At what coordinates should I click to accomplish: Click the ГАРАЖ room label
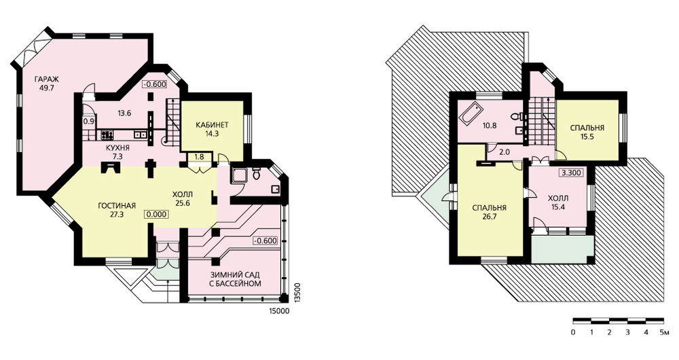(48, 79)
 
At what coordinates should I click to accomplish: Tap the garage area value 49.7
(48, 88)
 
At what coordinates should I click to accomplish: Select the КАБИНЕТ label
(212, 125)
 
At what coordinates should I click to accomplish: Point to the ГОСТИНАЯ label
(117, 205)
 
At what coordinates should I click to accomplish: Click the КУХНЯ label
(117, 147)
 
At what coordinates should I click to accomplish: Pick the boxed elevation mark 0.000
(157, 214)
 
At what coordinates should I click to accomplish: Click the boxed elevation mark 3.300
(571, 173)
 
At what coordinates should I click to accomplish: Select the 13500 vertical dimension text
(297, 293)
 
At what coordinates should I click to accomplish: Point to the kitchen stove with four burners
(107, 134)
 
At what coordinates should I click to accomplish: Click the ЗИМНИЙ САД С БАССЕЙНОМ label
(236, 279)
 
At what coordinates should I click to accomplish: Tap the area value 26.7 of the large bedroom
(490, 217)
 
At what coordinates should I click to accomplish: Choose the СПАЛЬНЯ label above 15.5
(587, 128)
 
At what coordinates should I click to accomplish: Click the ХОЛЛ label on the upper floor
(558, 198)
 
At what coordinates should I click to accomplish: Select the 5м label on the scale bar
(664, 333)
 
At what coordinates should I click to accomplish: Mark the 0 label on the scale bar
(573, 333)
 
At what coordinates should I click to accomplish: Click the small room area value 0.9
(88, 122)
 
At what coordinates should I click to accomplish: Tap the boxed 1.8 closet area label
(199, 157)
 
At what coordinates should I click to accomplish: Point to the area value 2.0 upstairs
(504, 152)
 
